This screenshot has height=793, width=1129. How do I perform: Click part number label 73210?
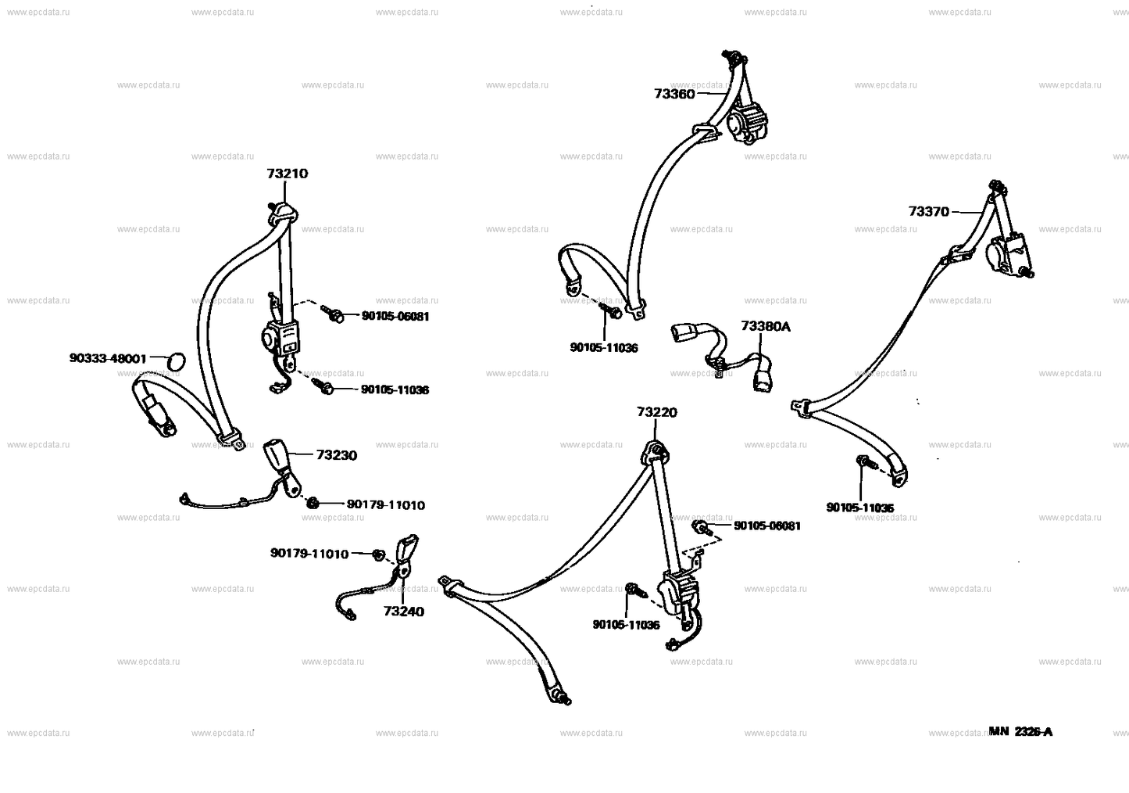pyautogui.click(x=287, y=174)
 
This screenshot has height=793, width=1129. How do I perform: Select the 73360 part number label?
pyautogui.click(x=674, y=94)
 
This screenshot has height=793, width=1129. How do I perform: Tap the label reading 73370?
pyautogui.click(x=928, y=211)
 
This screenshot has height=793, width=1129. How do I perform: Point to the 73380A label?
pyautogui.click(x=766, y=326)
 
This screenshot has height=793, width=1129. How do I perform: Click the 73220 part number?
pyautogui.click(x=656, y=412)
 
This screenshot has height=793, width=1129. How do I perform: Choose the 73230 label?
pyautogui.click(x=337, y=455)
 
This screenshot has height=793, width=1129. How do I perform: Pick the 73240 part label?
pyautogui.click(x=404, y=612)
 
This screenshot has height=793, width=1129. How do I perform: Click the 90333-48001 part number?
pyautogui.click(x=108, y=358)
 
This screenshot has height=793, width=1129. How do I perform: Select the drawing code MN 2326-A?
pyautogui.click(x=1020, y=732)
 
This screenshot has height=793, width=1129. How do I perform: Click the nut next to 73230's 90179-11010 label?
pyautogui.click(x=312, y=502)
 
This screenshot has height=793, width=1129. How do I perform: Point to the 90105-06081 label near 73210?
pyautogui.click(x=395, y=317)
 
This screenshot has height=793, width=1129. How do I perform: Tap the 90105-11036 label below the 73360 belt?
pyautogui.click(x=603, y=347)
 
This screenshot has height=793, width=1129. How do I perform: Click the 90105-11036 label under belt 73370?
pyautogui.click(x=859, y=508)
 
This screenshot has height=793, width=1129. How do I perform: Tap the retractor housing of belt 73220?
pyautogui.click(x=677, y=592)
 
